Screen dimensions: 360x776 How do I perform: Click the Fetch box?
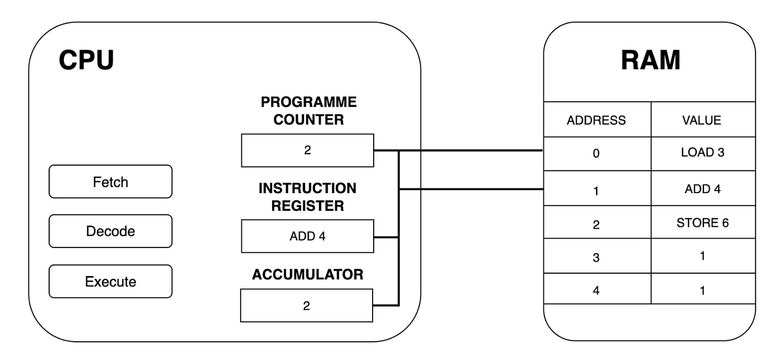click(x=110, y=182)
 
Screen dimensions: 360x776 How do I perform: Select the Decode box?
click(x=110, y=231)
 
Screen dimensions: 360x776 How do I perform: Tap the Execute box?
click(x=110, y=281)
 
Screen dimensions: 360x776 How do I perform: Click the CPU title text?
click(x=86, y=61)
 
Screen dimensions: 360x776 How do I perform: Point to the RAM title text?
click(x=650, y=61)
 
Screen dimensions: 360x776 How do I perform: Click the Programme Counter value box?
click(x=307, y=151)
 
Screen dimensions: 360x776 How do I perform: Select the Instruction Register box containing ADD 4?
click(x=307, y=236)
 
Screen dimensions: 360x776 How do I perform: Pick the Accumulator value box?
click(x=306, y=306)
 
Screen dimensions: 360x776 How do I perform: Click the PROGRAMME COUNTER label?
click(x=309, y=111)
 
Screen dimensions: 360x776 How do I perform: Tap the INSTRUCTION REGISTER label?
click(x=307, y=197)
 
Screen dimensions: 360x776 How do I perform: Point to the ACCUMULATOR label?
click(x=307, y=275)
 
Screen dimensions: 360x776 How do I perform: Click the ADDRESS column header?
click(x=596, y=120)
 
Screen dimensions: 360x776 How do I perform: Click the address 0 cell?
click(x=596, y=154)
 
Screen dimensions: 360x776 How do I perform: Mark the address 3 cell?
click(x=596, y=257)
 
